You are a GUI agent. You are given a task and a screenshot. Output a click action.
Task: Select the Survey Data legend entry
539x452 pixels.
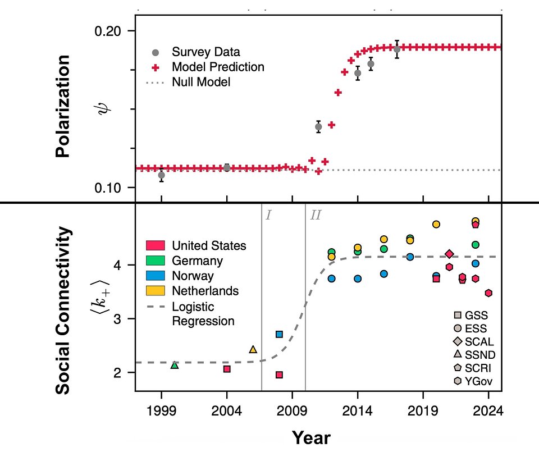click(x=205, y=52)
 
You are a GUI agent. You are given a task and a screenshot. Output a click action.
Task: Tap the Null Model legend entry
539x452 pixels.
click(x=201, y=82)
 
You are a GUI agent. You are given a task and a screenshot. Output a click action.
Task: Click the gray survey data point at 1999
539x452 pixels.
click(x=162, y=175)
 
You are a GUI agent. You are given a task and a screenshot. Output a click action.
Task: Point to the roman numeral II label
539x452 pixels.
click(x=316, y=214)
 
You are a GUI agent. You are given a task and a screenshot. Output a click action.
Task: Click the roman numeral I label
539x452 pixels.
click(x=268, y=214)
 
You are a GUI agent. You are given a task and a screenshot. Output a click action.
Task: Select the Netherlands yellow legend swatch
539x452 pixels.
click(x=156, y=291)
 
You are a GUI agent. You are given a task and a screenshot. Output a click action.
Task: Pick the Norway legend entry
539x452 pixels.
click(x=193, y=276)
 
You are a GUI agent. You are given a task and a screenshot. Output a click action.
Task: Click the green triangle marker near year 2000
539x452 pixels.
click(x=175, y=365)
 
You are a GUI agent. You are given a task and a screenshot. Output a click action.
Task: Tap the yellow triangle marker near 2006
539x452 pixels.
click(x=253, y=349)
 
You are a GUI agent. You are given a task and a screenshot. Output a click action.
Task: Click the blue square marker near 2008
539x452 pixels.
click(x=279, y=334)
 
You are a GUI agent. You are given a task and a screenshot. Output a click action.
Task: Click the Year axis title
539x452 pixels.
click(x=310, y=437)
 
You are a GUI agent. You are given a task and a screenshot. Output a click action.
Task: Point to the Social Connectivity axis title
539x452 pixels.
click(x=65, y=310)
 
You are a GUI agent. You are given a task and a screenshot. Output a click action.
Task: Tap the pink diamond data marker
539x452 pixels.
click(x=449, y=254)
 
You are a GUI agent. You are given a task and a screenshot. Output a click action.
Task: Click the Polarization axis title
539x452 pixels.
click(x=63, y=106)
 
